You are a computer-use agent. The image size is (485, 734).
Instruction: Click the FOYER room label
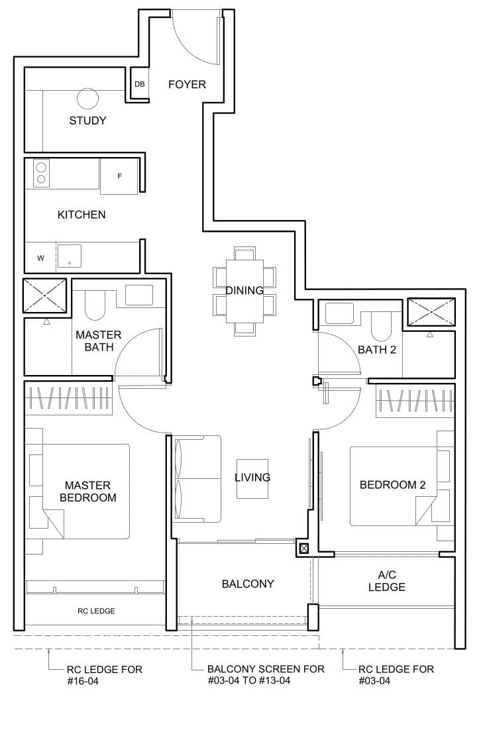click(187, 84)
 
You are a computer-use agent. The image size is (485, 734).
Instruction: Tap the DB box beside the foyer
click(139, 84)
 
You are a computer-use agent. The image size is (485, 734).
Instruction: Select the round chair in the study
click(87, 99)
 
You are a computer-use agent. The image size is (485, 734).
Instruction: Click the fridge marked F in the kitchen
click(119, 176)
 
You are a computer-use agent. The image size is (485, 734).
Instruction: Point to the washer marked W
click(40, 258)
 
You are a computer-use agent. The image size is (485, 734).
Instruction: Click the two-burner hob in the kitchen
click(41, 173)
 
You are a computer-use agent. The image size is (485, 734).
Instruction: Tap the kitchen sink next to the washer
click(69, 256)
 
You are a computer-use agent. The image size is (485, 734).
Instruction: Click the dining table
click(244, 291)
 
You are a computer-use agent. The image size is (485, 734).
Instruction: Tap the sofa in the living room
click(197, 478)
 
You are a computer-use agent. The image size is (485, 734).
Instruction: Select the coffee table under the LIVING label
click(252, 478)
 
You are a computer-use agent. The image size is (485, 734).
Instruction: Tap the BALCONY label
click(248, 584)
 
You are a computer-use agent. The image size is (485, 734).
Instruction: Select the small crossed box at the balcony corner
click(303, 549)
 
